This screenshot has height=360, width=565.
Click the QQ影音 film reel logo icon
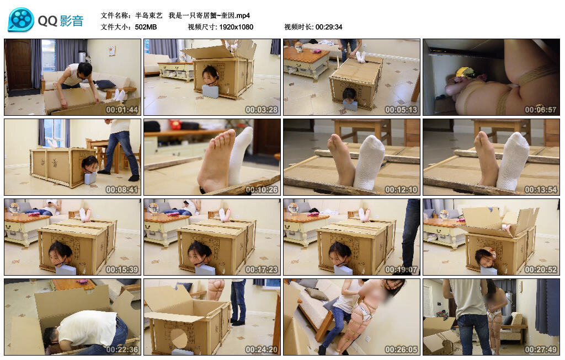[x=21, y=20]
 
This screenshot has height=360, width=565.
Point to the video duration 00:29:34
[x=329, y=26]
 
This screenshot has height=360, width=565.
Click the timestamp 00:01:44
[x=122, y=109]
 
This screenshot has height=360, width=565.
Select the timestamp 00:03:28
[x=262, y=109]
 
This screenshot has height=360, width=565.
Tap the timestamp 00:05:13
[x=401, y=109]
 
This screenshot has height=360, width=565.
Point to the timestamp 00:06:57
[x=541, y=109]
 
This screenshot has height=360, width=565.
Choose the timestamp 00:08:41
[x=122, y=189]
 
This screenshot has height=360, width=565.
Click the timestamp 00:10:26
[x=262, y=189]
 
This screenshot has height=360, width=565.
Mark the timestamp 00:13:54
[x=541, y=189]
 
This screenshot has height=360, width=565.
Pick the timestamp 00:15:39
[x=122, y=269]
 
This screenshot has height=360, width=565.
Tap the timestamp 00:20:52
[x=541, y=269]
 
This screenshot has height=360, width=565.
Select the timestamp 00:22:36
[x=122, y=349]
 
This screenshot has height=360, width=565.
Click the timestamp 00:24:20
[x=262, y=349]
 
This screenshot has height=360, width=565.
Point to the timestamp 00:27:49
[x=541, y=349]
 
